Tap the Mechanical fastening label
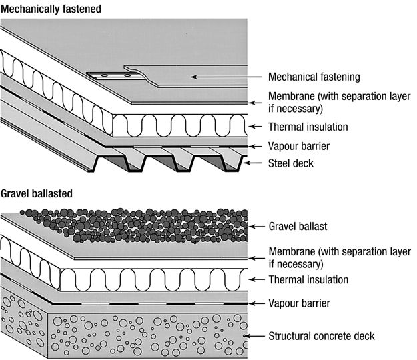click(x=314, y=77)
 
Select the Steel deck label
click(x=291, y=162)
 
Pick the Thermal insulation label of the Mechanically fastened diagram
click(x=308, y=127)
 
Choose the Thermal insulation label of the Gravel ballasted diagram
click(x=308, y=279)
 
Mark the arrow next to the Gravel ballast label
click(x=255, y=226)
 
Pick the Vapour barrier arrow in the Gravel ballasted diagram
click(x=254, y=303)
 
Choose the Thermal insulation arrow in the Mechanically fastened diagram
click(x=254, y=127)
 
